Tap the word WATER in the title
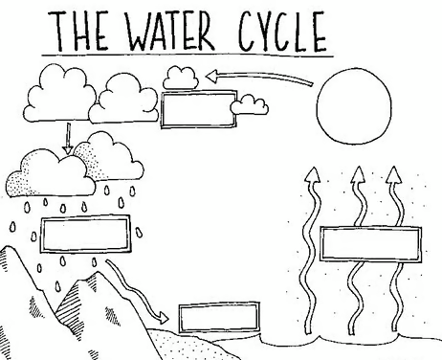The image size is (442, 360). (170, 31)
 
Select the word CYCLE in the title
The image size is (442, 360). (283, 32)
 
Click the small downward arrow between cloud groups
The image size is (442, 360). (68, 139)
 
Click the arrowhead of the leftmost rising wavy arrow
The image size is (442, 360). (312, 175)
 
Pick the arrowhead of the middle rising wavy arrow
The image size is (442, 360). (358, 175)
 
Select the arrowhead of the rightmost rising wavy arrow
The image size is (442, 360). (394, 175)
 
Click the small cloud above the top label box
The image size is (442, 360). (181, 78)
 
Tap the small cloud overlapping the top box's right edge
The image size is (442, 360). (249, 104)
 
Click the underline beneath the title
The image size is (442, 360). (188, 56)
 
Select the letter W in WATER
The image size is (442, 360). (142, 32)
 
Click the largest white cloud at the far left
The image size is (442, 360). (60, 94)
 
